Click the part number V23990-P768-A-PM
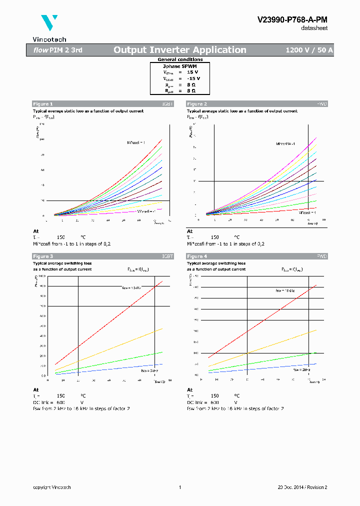tap(292, 19)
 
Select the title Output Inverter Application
tap(179, 50)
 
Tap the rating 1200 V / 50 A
tap(309, 50)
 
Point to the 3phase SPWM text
tap(180, 66)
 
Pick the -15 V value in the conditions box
tap(193, 78)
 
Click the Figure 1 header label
tap(42, 104)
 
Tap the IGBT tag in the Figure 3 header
tap(167, 256)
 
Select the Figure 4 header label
tap(196, 256)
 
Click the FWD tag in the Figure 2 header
tap(322, 104)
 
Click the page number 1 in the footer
tap(179, 487)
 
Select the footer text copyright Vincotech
tap(52, 487)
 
